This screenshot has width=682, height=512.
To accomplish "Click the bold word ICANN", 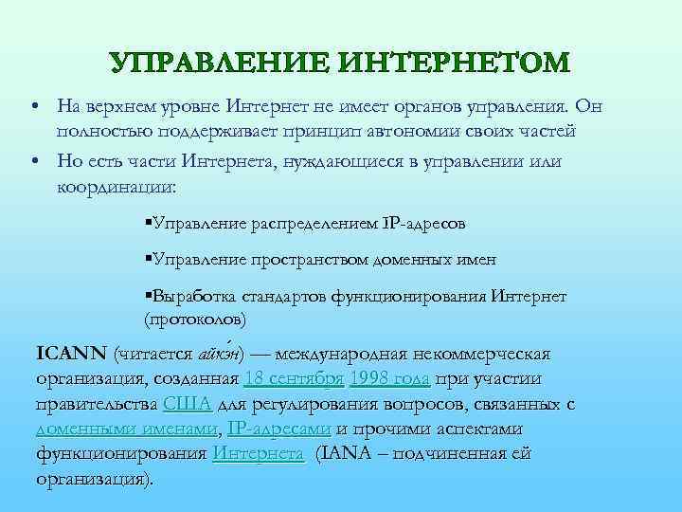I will pyautogui.click(x=71, y=354).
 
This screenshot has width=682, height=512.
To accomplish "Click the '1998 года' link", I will pyautogui.click(x=390, y=379).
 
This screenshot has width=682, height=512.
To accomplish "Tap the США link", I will pyautogui.click(x=187, y=404).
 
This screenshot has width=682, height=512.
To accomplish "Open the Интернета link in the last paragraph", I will pyautogui.click(x=258, y=453).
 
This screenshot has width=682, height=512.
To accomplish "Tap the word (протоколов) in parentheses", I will pyautogui.click(x=194, y=317).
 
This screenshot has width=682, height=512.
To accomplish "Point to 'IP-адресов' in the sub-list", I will pyautogui.click(x=425, y=225).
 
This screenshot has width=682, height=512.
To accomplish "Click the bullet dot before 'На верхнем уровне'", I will pyautogui.click(x=32, y=105).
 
